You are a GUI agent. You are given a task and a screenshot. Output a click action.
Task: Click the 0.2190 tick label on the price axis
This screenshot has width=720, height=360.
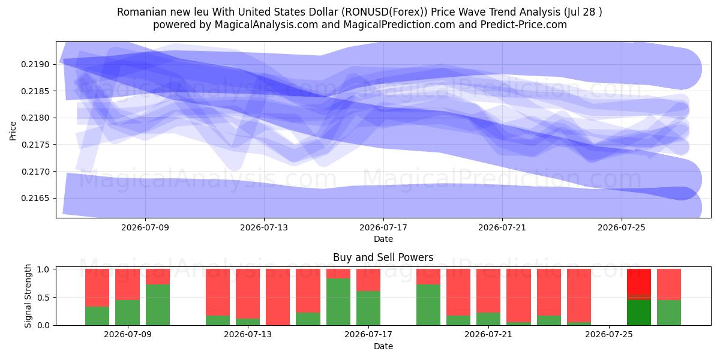[35, 65]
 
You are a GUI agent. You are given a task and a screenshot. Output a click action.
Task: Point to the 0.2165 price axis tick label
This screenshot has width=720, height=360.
[35, 199]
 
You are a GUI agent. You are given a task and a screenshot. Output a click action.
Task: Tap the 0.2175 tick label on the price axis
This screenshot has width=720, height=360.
[35, 145]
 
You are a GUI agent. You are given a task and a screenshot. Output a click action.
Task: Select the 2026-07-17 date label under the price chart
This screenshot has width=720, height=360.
[383, 227]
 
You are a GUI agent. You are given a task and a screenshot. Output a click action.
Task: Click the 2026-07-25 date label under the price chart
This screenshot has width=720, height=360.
[622, 227]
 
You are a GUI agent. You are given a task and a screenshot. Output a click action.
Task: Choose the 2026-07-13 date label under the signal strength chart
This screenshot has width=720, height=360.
[248, 335]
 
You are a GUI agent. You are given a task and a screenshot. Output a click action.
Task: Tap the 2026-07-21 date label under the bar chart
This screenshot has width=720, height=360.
[488, 335]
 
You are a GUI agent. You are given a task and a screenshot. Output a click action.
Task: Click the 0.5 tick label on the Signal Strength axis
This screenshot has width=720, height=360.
[43, 298]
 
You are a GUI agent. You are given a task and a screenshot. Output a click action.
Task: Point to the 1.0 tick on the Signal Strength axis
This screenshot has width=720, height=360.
[43, 269]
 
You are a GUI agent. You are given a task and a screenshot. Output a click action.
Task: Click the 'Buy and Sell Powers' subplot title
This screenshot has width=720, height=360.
[383, 257]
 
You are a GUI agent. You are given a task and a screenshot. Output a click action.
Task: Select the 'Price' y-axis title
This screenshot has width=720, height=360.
[13, 131]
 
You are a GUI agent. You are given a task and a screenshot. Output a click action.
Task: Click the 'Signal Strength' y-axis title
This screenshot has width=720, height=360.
[28, 296]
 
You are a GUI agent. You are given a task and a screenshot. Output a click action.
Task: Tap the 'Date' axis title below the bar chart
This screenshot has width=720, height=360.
[383, 346]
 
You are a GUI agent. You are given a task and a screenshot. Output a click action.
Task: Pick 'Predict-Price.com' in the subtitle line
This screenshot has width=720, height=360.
[524, 25]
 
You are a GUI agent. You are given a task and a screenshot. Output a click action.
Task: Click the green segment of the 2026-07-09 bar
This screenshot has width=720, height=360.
[127, 313]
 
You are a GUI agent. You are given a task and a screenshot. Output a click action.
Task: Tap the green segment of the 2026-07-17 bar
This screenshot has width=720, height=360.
[368, 308]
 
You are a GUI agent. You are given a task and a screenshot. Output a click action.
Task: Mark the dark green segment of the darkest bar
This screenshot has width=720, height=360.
[639, 313]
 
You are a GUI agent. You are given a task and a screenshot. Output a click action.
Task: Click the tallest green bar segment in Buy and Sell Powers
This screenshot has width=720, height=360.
[338, 302]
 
